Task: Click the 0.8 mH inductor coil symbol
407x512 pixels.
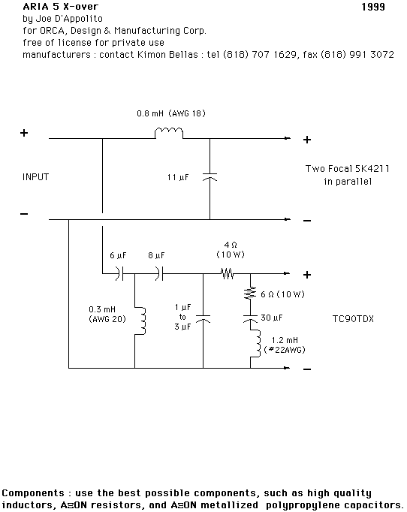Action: [x=169, y=133]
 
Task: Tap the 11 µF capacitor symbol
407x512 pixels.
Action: [x=210, y=177]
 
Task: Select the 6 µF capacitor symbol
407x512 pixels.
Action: [x=119, y=273]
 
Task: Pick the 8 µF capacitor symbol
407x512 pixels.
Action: [x=159, y=273]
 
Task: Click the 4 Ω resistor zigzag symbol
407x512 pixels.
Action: [x=228, y=273]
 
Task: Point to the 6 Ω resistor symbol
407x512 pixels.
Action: [x=251, y=292]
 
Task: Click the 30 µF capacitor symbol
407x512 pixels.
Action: [x=251, y=319]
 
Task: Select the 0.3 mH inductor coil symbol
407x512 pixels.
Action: [x=140, y=321]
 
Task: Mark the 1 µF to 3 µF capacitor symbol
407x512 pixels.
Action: [x=203, y=319]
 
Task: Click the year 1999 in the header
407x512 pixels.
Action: [x=373, y=7]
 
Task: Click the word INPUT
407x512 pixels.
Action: [x=35, y=177]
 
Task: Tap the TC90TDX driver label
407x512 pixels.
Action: [x=353, y=319]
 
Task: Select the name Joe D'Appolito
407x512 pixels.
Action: [x=69, y=19]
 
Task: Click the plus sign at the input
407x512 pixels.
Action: [x=24, y=133]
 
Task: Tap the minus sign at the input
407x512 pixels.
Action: [x=24, y=214]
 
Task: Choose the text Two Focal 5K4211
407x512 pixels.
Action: [x=347, y=168]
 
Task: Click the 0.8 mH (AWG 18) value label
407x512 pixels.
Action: [x=171, y=113]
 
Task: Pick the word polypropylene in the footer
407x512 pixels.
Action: [x=302, y=505]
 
